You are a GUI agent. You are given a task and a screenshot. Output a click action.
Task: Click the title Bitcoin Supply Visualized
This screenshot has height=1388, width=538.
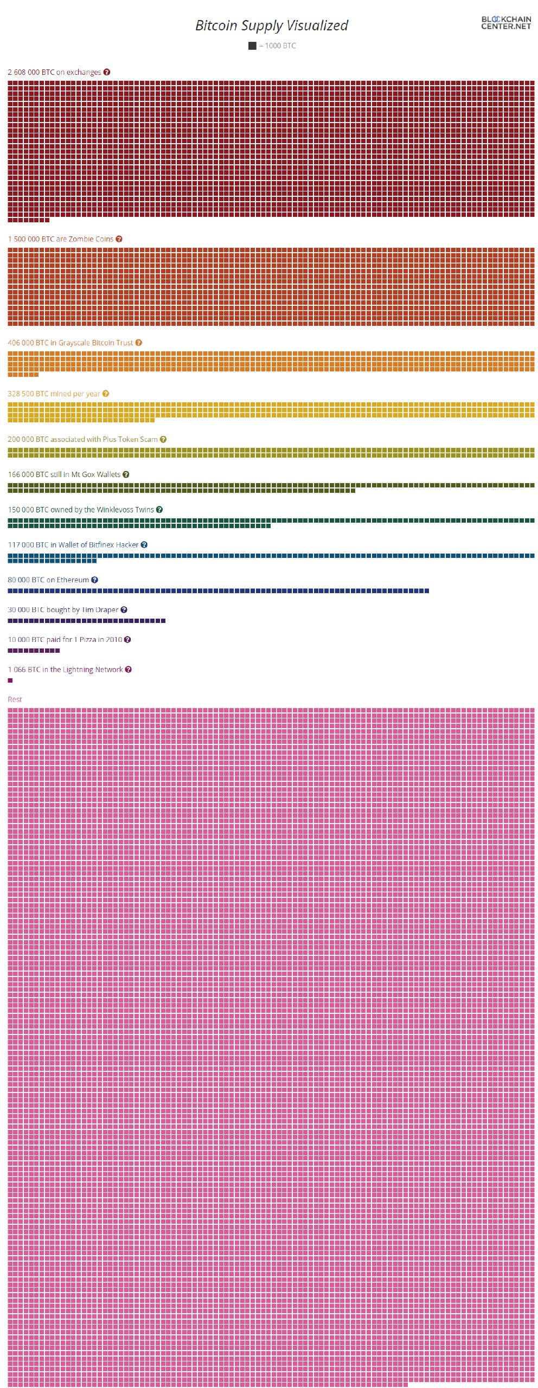[x=271, y=25]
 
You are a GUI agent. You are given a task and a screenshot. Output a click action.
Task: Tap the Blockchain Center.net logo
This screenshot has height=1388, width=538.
[x=505, y=22]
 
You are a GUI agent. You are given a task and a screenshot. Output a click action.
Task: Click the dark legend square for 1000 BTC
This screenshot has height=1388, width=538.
[x=252, y=46]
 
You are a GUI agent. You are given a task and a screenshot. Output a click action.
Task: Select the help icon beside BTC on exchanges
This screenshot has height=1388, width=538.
[x=107, y=72]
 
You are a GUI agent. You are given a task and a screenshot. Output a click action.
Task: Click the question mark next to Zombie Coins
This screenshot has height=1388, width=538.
[x=119, y=239]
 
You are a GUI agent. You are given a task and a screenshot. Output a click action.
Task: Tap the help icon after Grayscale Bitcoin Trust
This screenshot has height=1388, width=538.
[x=138, y=343]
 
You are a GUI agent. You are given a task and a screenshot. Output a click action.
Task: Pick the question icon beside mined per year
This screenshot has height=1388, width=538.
[x=106, y=394]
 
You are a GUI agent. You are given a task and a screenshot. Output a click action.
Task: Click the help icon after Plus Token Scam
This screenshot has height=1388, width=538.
[x=163, y=439]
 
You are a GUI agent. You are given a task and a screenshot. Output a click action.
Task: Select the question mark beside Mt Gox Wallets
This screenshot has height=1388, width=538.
[x=126, y=474]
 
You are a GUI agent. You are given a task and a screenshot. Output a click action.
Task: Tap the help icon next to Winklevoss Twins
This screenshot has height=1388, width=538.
[x=159, y=510]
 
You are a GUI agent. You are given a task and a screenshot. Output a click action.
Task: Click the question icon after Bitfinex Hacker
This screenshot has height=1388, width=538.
[x=144, y=545]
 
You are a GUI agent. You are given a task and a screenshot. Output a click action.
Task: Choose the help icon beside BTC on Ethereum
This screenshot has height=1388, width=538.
[x=94, y=580]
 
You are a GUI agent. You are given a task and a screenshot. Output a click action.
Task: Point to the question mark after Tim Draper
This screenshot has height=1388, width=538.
[x=124, y=610]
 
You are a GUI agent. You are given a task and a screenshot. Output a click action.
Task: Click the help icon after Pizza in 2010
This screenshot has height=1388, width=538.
[x=127, y=640]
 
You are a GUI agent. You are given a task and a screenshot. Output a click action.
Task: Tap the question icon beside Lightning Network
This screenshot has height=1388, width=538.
[x=129, y=670]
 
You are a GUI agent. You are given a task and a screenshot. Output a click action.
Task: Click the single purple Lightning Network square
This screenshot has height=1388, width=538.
[x=10, y=680]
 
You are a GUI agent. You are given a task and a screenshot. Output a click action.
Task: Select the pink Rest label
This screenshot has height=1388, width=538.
[x=15, y=699]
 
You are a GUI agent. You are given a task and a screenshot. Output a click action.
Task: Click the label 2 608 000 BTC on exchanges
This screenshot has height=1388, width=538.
[x=54, y=72]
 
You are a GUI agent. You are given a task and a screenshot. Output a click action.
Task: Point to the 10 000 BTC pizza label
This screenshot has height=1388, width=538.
[x=65, y=640]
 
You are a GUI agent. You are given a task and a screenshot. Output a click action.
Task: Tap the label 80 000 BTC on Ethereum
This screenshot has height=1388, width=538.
[x=48, y=580]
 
